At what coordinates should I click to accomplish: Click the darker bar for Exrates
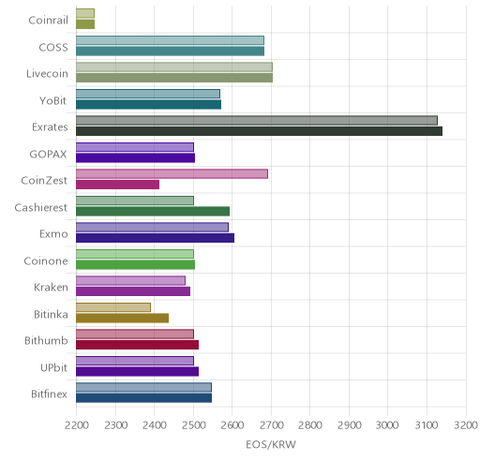[259, 131]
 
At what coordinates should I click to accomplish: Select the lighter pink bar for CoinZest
[172, 173]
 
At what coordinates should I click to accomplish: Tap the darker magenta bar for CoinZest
[117, 185]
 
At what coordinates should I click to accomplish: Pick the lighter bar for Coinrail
[85, 13]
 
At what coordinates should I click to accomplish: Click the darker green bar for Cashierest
[153, 212]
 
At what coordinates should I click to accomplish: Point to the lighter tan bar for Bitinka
[113, 307]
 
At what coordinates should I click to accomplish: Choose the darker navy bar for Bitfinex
[143, 398]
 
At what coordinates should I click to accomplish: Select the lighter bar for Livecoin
[174, 67]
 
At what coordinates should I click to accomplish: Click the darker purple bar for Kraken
[133, 291]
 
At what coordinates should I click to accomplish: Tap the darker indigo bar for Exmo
[155, 238]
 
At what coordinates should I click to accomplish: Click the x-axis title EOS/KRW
[271, 444]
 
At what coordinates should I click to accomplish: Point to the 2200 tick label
[77, 425]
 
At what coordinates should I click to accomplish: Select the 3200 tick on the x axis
[466, 425]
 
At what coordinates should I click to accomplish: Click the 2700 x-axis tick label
[272, 425]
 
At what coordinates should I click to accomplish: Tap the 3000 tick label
[387, 425]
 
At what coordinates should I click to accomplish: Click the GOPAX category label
[48, 155]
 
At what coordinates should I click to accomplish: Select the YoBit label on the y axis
[53, 101]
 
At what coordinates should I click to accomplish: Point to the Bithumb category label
[46, 340]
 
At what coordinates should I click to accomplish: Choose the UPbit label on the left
[53, 367]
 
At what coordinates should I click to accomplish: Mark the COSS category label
[53, 48]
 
